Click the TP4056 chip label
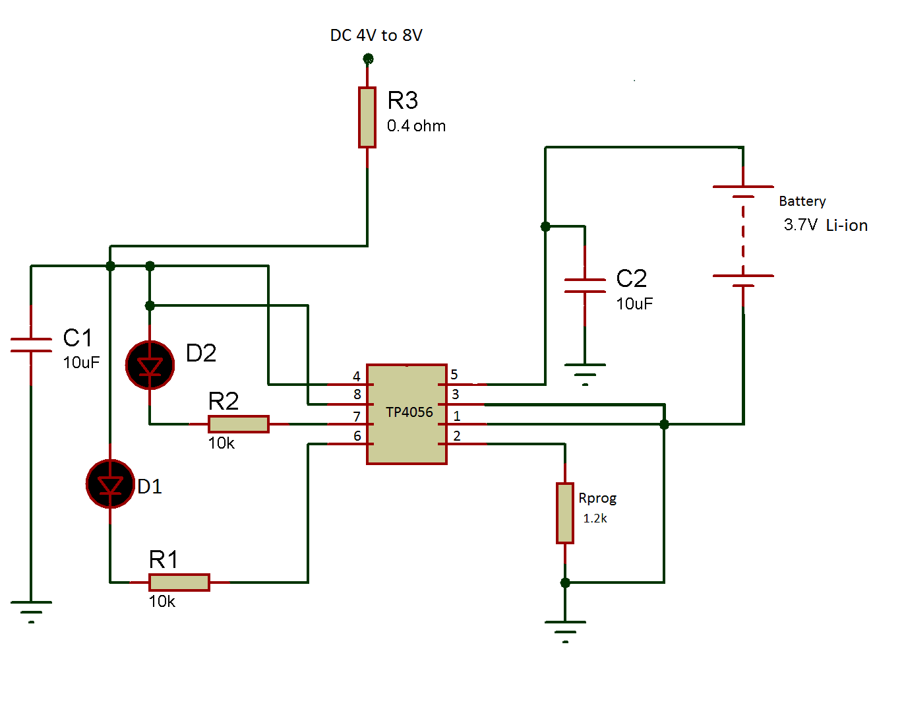tap(409, 412)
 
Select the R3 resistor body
tap(367, 117)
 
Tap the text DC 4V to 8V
tap(376, 36)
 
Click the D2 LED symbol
tap(150, 365)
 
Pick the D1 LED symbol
tap(110, 484)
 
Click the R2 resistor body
tap(238, 424)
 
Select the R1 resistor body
tap(179, 583)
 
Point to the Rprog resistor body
tap(565, 513)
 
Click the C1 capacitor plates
tap(31, 345)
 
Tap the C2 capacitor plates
tap(585, 286)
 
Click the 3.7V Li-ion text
tap(825, 225)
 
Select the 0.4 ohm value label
tap(416, 126)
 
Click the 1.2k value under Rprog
tap(595, 519)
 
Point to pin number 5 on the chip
tap(454, 375)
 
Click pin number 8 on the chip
tap(357, 394)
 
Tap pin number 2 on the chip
tap(457, 436)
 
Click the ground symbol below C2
tap(585, 373)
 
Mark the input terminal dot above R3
tap(368, 59)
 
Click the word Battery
tap(802, 201)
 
